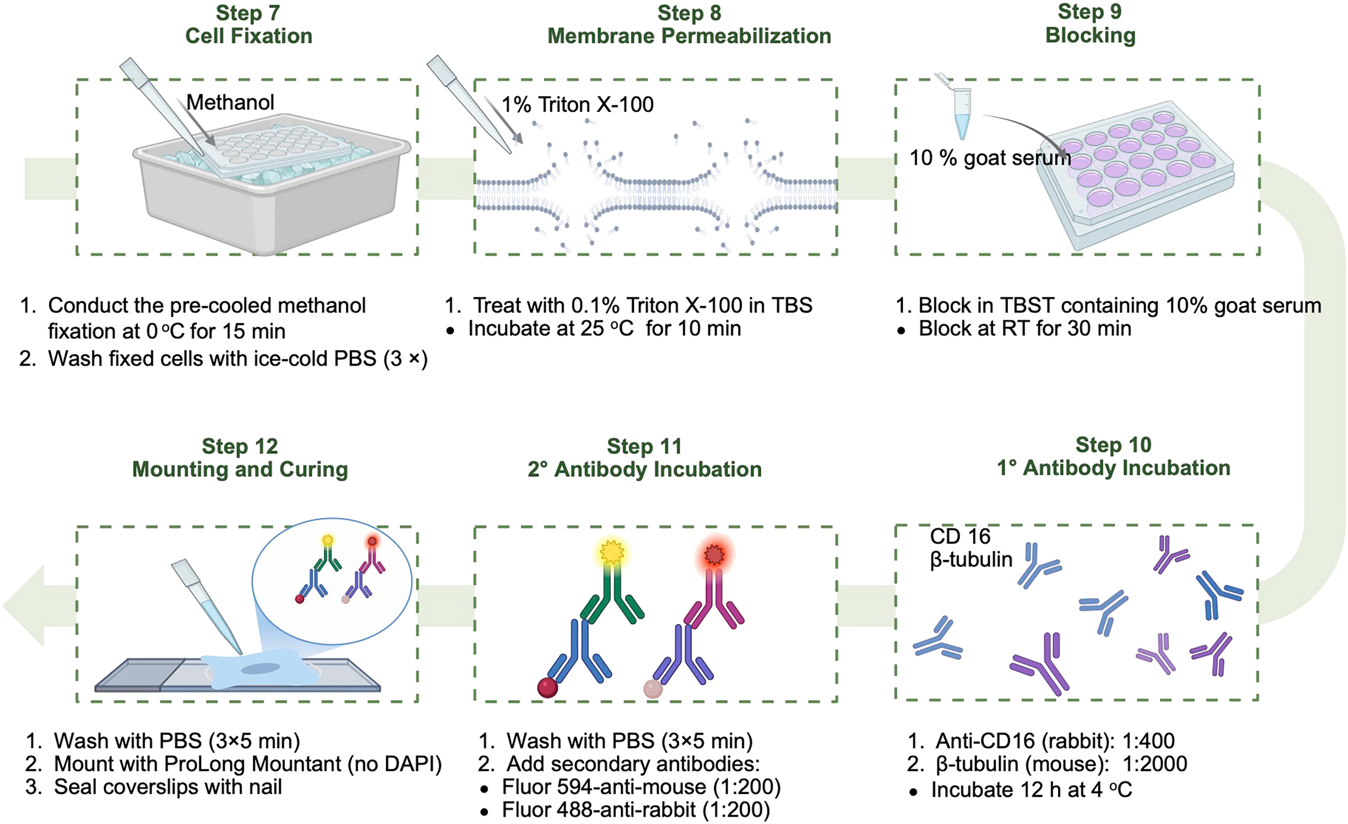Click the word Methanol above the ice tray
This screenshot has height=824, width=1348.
[x=230, y=102]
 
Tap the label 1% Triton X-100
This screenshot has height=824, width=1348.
[x=578, y=105]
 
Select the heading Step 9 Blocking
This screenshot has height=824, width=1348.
[x=1090, y=24]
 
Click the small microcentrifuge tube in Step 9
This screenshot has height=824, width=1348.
[x=961, y=112]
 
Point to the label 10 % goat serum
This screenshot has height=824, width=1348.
[x=990, y=158]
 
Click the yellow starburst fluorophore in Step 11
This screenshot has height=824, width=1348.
[x=611, y=553]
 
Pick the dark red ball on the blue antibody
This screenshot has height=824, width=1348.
[x=547, y=687]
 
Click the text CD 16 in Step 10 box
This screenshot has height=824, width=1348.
[x=960, y=536]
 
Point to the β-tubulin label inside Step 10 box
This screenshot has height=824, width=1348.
[x=971, y=559]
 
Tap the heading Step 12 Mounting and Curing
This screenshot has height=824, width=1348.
[x=240, y=458]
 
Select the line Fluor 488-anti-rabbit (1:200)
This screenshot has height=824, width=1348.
[x=636, y=810]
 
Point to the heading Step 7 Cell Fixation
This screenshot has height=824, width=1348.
[x=249, y=25]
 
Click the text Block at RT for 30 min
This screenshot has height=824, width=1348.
[x=1025, y=328]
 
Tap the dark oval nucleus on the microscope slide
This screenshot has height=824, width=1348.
[x=264, y=668]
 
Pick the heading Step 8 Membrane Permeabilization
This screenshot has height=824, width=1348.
[x=689, y=25]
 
